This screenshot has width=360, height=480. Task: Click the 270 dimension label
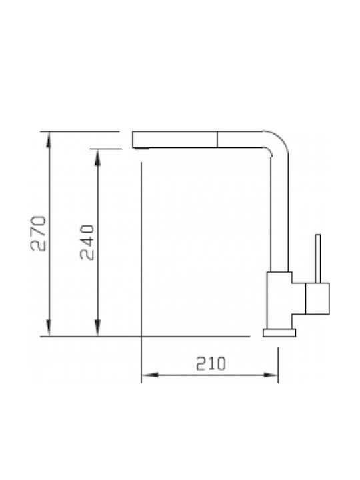click(38, 233)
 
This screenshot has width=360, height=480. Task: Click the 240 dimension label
click(87, 242)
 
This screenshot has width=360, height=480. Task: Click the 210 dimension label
click(211, 363)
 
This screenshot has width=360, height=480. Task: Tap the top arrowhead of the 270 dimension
click(49, 140)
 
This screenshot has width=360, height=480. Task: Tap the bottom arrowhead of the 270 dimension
click(49, 328)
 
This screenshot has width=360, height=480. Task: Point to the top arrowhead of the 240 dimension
click(97, 157)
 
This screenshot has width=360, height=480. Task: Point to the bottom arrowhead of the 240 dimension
click(97, 328)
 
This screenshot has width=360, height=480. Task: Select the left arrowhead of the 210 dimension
click(150, 375)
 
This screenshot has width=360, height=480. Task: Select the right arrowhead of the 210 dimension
click(270, 375)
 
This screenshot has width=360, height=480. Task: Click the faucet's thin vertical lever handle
click(318, 259)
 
